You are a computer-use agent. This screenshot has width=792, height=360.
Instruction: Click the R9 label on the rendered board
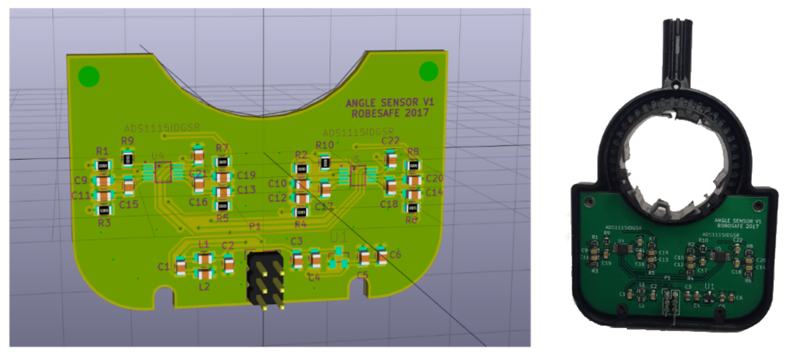pyautogui.click(x=127, y=141)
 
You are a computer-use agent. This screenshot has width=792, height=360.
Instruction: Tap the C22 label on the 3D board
pyautogui.click(x=390, y=141)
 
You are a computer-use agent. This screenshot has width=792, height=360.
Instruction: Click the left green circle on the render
pyautogui.click(x=89, y=76)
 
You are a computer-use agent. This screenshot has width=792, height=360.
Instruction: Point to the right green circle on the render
pyautogui.click(x=429, y=71)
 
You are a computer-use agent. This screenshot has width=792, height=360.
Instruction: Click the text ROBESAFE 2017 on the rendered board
pyautogui.click(x=390, y=113)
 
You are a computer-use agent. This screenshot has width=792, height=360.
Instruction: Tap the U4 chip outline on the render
pyautogui.click(x=163, y=172)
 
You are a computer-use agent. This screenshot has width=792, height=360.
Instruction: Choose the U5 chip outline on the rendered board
pyautogui.click(x=358, y=175)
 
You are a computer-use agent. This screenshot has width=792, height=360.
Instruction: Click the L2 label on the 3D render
pyautogui.click(x=204, y=286)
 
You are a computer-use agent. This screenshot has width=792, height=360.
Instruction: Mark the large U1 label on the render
pyautogui.click(x=339, y=237)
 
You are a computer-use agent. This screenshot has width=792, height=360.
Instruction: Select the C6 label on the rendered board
pyautogui.click(x=395, y=254)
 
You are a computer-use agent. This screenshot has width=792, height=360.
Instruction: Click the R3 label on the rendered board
pyautogui.click(x=104, y=223)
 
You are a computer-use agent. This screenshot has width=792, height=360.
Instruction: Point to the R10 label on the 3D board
pyautogui.click(x=324, y=145)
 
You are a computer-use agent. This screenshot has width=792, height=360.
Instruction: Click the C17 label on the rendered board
pyautogui.click(x=323, y=207)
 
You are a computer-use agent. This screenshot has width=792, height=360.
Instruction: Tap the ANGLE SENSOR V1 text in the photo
pyautogui.click(x=737, y=220)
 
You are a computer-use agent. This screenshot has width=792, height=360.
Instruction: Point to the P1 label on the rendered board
pyautogui.click(x=254, y=226)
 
